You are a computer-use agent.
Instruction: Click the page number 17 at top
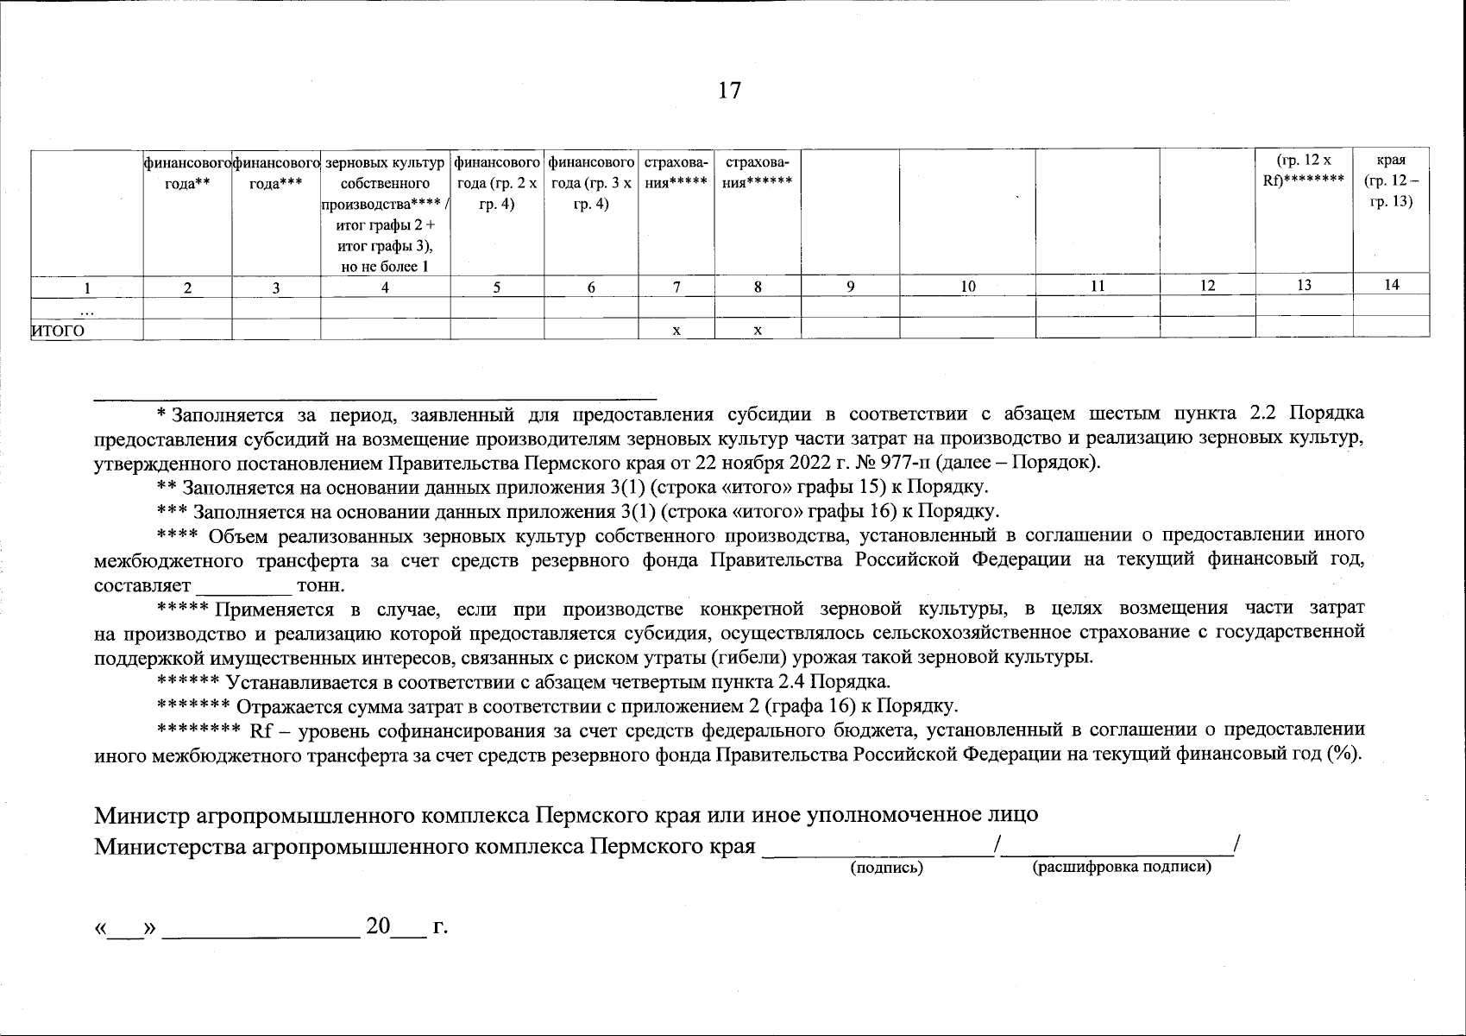point(729,90)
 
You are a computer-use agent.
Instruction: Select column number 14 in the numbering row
point(1391,285)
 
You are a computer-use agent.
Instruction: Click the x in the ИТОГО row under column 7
point(676,330)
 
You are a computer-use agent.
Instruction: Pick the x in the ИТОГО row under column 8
point(757,330)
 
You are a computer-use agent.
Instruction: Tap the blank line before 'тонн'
point(245,585)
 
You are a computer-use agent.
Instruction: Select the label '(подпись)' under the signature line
point(886,869)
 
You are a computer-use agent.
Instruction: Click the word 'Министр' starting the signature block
point(142,815)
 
